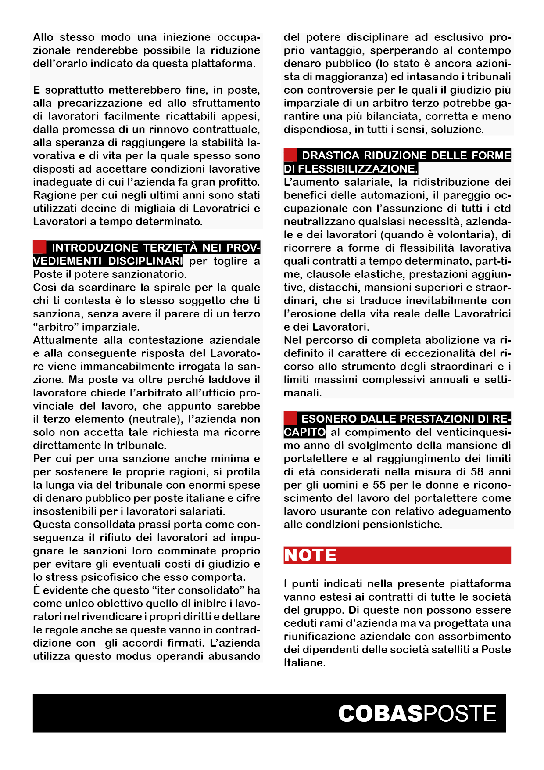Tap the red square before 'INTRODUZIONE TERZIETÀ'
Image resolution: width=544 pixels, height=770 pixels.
pyautogui.click(x=39, y=247)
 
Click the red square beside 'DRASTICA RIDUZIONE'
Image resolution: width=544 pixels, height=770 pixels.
pyautogui.click(x=290, y=155)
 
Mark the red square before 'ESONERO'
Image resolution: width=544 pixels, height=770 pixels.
pyautogui.click(x=290, y=418)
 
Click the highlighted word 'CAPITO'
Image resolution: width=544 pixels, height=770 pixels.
pyautogui.click(x=304, y=432)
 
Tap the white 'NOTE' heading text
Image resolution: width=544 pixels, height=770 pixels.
pyautogui.click(x=310, y=555)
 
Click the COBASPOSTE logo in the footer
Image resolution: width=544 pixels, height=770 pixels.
pyautogui.click(x=417, y=713)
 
